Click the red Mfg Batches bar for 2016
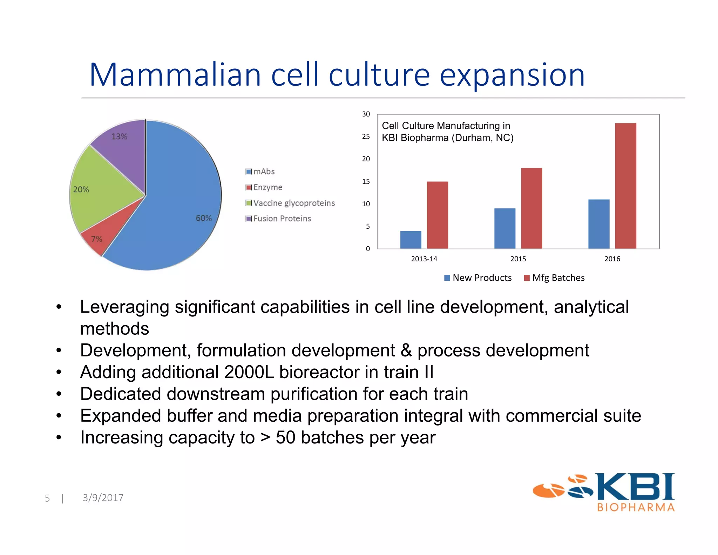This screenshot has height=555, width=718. coord(625,186)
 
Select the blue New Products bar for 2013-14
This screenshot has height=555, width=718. coord(411,240)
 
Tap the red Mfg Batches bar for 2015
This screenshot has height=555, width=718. coord(531,208)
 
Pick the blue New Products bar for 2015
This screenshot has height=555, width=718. coord(505,229)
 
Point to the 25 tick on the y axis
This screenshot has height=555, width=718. coord(366,136)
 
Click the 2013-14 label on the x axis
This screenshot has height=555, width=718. coord(424,259)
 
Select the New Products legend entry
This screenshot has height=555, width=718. coord(478,278)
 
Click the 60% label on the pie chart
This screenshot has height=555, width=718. coord(204,218)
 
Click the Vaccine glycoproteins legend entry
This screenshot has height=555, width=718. coord(290,203)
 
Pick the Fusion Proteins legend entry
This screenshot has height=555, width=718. coord(278,219)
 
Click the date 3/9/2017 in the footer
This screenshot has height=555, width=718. coord(103,497)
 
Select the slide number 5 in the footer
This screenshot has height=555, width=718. coord(47,498)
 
